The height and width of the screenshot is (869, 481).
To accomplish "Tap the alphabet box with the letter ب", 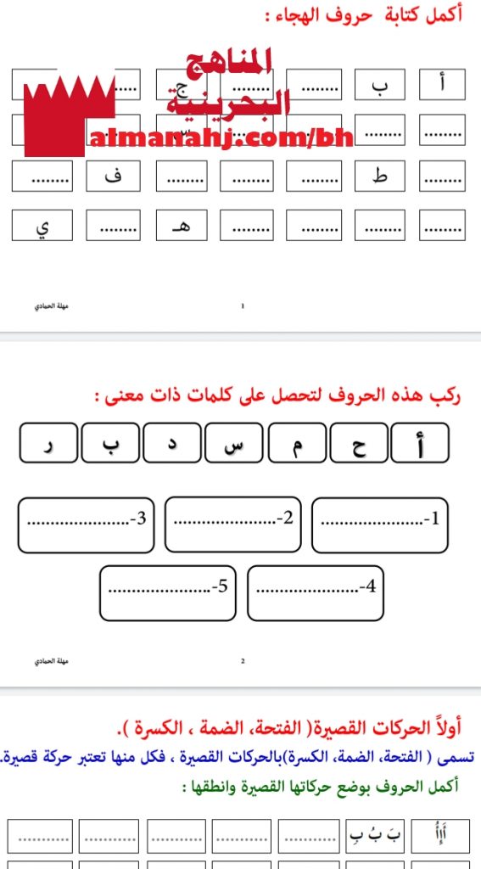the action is [379, 85].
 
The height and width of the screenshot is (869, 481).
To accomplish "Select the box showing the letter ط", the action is [379, 176].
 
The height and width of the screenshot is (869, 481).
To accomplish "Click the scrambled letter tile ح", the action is [359, 444].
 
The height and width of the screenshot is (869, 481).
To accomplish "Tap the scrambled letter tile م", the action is [296, 444].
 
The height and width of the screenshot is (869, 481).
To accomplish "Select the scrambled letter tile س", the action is [233, 444].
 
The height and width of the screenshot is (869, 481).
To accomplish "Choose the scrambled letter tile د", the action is [171, 444].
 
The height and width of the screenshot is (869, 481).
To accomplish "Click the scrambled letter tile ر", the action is [48, 444].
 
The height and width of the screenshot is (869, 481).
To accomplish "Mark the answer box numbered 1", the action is [380, 524].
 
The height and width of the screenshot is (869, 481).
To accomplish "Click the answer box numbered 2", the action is [232, 524].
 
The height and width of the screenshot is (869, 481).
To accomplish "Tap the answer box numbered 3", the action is [86, 524].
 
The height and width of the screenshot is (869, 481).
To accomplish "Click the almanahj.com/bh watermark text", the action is [221, 136].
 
